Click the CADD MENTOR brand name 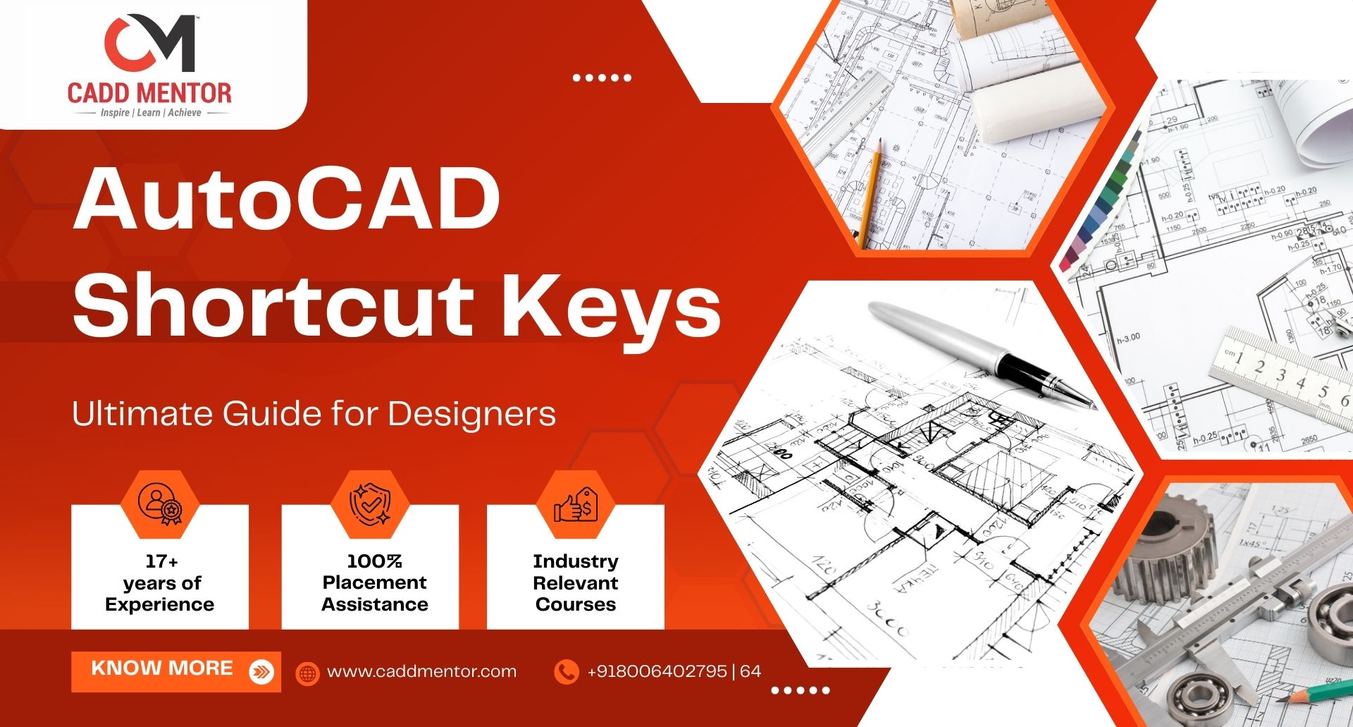coord(149,92)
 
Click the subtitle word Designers coord(471,414)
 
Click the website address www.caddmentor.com coord(421,671)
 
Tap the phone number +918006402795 coord(657,671)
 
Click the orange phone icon coord(566,671)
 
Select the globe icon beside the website coord(307,673)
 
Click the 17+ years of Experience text coord(160,583)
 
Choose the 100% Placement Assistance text coord(375,583)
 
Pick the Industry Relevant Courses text coord(576,583)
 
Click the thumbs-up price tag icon coord(576,504)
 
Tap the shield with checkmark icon coord(371,503)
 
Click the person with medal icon coord(160,503)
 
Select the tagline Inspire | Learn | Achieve coord(151,113)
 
